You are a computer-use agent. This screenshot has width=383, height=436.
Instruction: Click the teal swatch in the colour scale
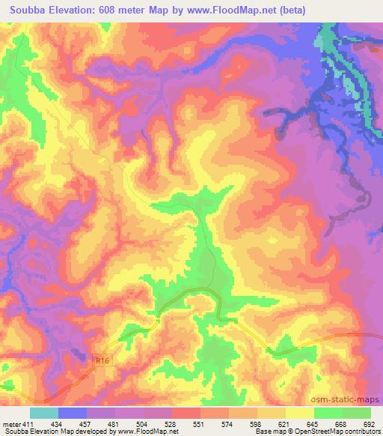click(x=44, y=414)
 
